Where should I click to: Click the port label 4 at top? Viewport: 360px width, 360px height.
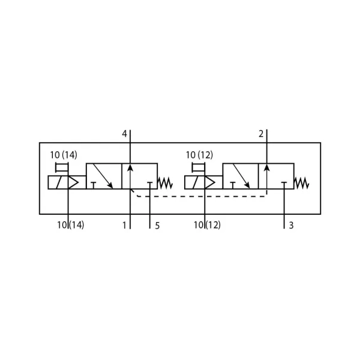pyautogui.click(x=124, y=134)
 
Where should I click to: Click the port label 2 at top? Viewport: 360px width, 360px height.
pyautogui.click(x=261, y=134)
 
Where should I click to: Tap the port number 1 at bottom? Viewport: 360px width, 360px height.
pyautogui.click(x=124, y=226)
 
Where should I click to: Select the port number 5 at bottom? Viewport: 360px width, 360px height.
pyautogui.click(x=157, y=226)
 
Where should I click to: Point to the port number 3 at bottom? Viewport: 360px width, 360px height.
pyautogui.click(x=291, y=226)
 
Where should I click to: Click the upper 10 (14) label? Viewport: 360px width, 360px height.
pyautogui.click(x=64, y=155)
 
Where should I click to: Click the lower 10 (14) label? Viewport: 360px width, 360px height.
pyautogui.click(x=71, y=225)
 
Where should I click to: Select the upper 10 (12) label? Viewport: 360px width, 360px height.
pyautogui.click(x=200, y=155)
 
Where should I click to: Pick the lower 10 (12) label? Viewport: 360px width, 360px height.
pyautogui.click(x=208, y=225)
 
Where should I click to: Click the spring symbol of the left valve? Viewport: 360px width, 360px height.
pyautogui.click(x=165, y=183)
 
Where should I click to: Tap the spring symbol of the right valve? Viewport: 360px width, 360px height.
pyautogui.click(x=301, y=183)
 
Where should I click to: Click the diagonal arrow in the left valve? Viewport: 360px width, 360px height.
pyautogui.click(x=103, y=176)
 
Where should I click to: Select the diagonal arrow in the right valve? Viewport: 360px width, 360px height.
pyautogui.click(x=241, y=176)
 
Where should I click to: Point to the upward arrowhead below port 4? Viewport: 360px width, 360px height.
pyautogui.click(x=130, y=167)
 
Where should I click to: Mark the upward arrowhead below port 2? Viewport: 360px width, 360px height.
pyautogui.click(x=267, y=167)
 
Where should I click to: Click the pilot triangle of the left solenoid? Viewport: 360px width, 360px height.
pyautogui.click(x=73, y=182)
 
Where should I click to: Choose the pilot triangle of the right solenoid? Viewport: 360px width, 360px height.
pyautogui.click(x=210, y=182)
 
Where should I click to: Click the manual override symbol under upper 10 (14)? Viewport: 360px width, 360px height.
pyautogui.click(x=62, y=167)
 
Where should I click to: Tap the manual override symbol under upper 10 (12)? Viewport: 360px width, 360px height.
pyautogui.click(x=199, y=167)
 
